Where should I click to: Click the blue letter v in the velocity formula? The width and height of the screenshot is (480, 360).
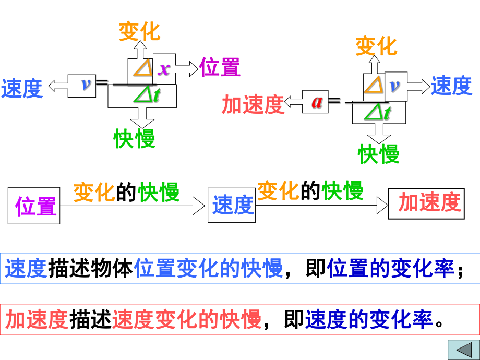click(x=87, y=85)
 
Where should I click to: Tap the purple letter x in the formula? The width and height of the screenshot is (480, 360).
click(x=164, y=69)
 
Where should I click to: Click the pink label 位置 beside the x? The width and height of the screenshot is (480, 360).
click(x=220, y=68)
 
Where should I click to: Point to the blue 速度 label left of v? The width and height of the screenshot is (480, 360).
click(x=22, y=89)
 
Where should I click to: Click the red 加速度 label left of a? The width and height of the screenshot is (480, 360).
click(x=253, y=104)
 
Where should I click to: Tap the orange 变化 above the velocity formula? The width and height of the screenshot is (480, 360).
click(x=139, y=31)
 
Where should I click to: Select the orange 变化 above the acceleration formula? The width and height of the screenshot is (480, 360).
click(x=376, y=46)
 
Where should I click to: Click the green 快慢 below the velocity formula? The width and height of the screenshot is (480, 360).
click(x=135, y=139)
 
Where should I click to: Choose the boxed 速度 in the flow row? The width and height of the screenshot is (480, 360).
click(x=232, y=205)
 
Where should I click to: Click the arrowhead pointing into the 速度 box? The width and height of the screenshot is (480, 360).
click(x=199, y=206)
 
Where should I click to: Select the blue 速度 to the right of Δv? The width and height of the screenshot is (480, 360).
click(x=451, y=86)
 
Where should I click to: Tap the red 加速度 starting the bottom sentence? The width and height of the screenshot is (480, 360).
click(x=37, y=319)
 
